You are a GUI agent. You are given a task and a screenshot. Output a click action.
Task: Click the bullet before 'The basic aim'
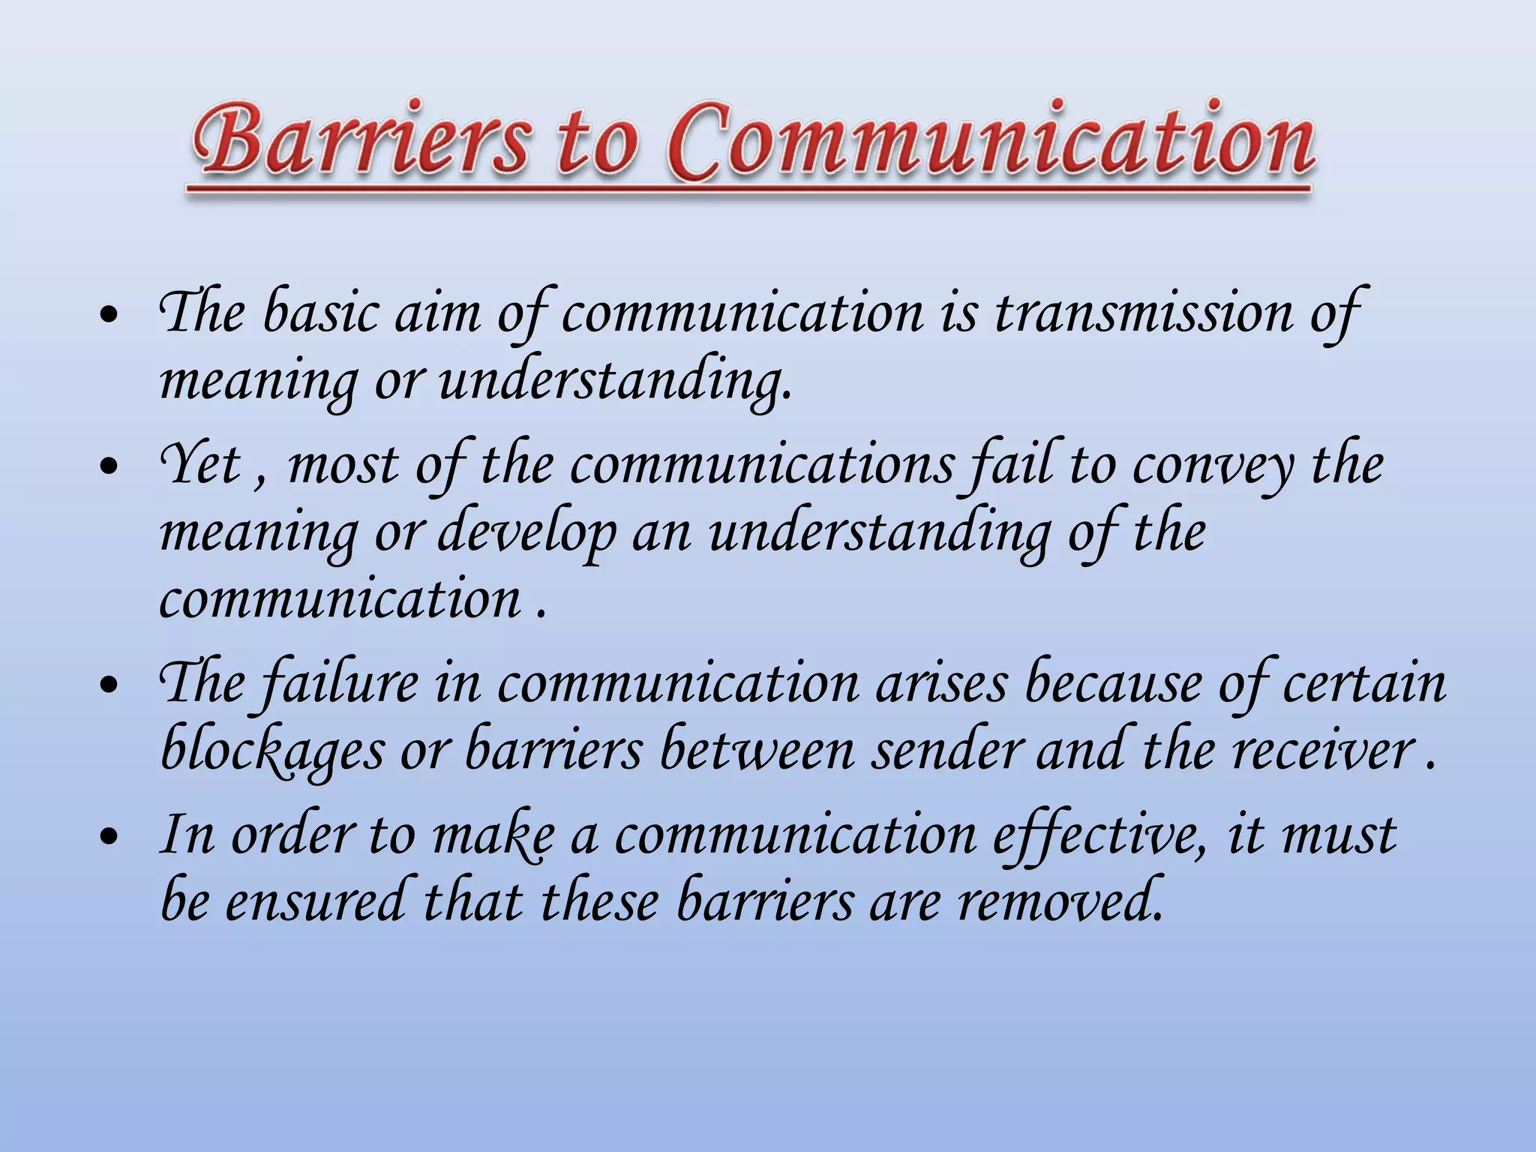point(109,316)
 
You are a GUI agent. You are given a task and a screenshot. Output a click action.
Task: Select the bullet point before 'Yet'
point(109,467)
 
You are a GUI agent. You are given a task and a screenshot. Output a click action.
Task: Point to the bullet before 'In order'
point(109,837)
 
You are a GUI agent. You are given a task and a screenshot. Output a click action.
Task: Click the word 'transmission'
point(1144,313)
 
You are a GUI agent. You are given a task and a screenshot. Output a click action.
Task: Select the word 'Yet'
point(199,465)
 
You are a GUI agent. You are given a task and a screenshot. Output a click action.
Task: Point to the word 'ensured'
point(316,901)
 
